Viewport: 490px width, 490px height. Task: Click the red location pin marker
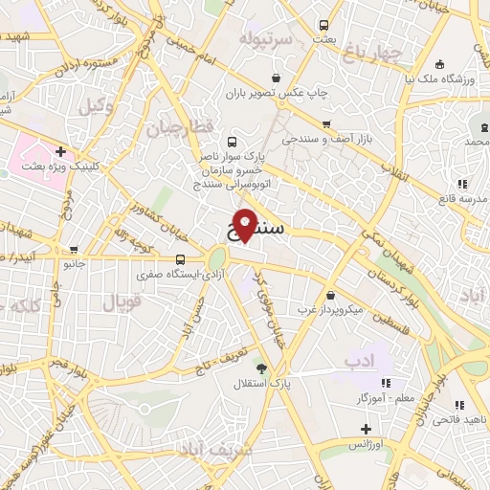(245, 226)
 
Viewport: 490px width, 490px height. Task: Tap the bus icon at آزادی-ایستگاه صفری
(181, 259)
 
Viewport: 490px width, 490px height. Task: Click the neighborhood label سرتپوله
(262, 40)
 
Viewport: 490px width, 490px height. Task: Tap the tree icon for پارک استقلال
(260, 367)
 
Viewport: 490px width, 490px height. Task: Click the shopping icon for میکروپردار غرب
(330, 295)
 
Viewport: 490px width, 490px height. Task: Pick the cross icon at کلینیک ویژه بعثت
(61, 150)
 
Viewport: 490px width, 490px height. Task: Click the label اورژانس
(365, 445)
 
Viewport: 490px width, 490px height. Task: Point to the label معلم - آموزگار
(361, 397)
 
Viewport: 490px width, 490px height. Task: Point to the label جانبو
(74, 262)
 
